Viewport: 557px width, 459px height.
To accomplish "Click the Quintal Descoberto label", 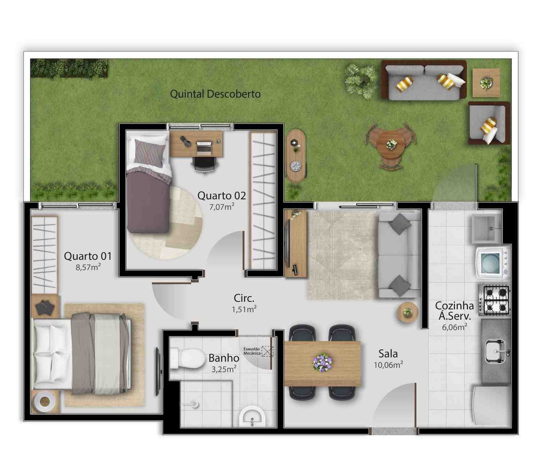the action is pos(215,94).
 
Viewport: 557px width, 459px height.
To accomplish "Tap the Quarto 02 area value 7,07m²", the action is pos(222,207).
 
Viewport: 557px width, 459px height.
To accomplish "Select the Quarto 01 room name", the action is pos(88,256).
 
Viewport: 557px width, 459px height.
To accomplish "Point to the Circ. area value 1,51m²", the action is pos(244,309).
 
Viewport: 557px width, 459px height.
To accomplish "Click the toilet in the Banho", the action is pos(186,358).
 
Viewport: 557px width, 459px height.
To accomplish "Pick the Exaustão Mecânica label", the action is pos(251,351).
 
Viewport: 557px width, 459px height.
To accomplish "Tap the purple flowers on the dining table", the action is pos(323,363).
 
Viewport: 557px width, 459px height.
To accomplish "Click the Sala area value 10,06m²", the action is pos(388,365).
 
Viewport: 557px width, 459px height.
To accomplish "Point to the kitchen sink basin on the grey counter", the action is pos(495,351).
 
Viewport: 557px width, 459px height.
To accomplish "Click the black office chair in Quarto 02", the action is pos(204,164).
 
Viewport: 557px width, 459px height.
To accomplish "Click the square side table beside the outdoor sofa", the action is pos(486,83).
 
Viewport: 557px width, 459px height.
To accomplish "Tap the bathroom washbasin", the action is pos(252,417).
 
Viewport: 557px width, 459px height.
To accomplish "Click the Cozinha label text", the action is pos(455,306).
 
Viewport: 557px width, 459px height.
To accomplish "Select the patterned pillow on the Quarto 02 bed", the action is pos(149,153).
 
